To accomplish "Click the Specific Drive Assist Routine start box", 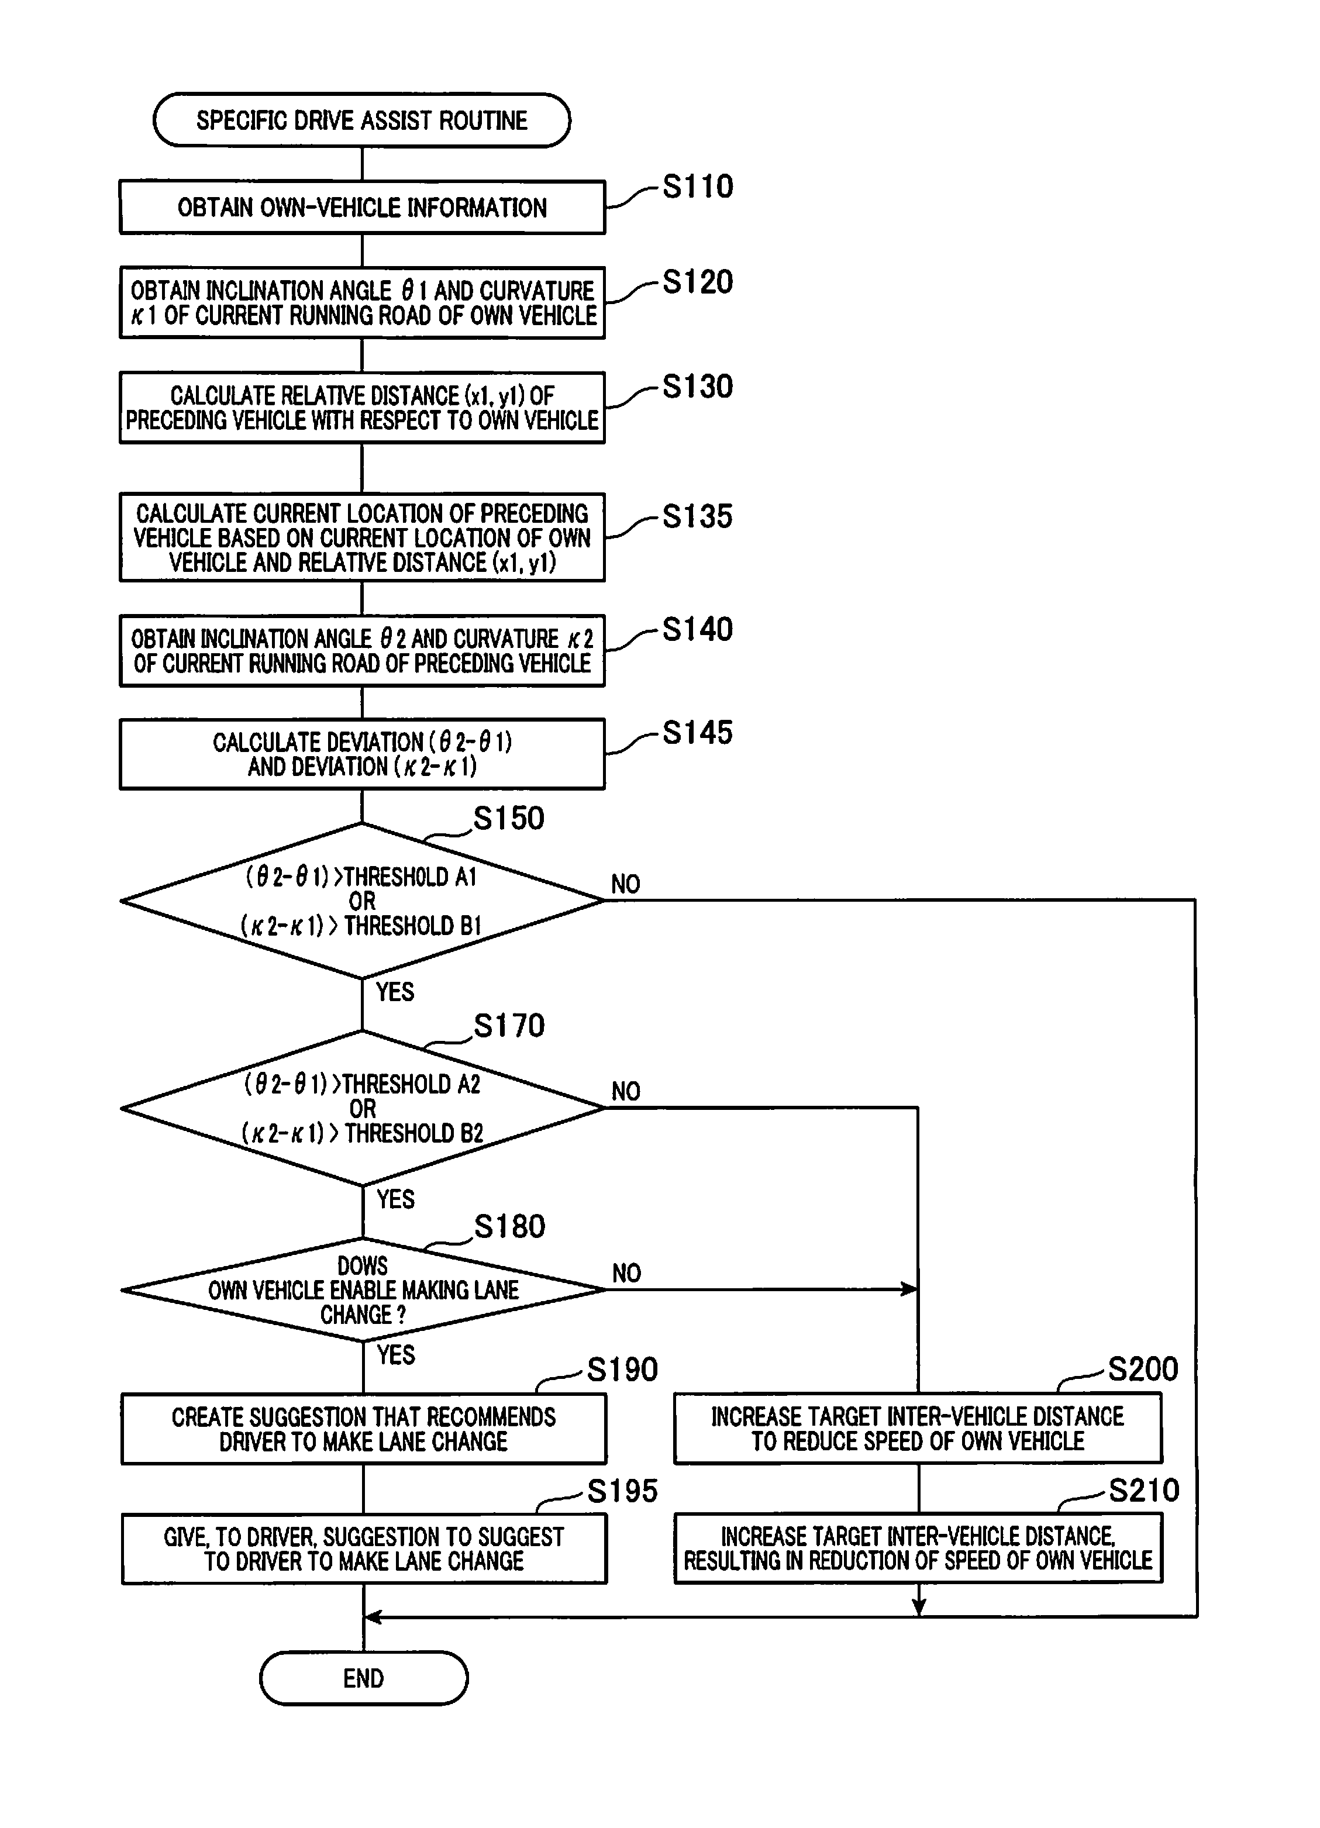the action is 362,120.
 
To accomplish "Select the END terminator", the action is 363,1678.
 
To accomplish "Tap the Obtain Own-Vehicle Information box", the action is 362,207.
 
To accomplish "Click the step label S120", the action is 698,282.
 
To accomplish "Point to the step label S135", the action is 698,516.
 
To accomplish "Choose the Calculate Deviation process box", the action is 362,754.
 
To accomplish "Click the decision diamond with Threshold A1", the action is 362,901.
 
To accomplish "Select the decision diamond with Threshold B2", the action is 362,1108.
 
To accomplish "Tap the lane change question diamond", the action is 363,1289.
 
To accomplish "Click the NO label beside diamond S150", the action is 625,884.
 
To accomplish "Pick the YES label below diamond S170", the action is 395,1199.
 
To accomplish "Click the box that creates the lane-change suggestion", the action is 363,1429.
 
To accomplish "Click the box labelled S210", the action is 918,1548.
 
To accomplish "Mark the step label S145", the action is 698,733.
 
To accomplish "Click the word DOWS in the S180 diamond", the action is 363,1266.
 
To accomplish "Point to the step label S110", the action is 698,186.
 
